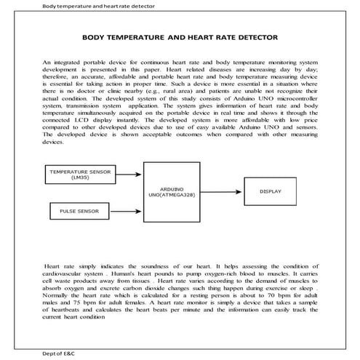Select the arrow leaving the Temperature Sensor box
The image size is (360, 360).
(129, 174)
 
